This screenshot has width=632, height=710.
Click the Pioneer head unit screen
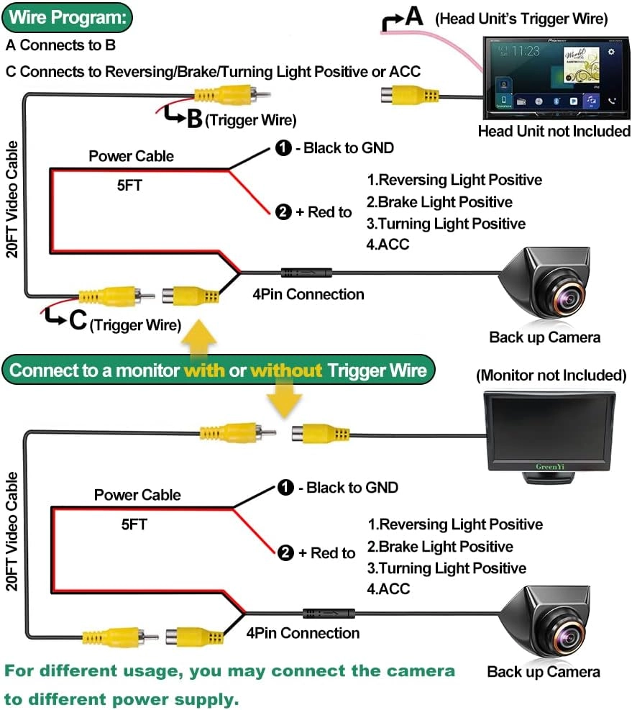point(554,76)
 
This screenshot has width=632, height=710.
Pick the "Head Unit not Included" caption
point(554,131)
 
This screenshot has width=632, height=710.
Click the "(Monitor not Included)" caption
point(551,375)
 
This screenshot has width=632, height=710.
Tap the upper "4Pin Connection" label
point(308,294)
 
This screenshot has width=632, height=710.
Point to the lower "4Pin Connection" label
point(303,633)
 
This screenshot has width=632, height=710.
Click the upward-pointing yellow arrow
point(200,337)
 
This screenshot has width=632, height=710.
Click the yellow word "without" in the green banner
point(286,370)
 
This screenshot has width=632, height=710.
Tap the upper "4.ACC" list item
point(388,245)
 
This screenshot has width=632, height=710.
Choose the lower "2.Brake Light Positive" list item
point(440,547)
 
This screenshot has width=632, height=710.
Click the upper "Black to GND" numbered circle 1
point(283,148)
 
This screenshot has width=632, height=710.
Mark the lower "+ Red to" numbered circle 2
point(285,552)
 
